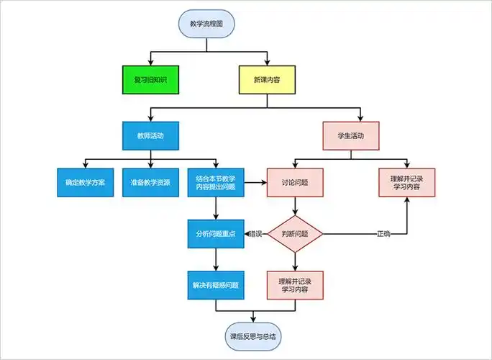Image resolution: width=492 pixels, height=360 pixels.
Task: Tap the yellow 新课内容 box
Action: pos(267,80)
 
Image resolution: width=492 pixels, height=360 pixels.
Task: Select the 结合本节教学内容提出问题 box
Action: pos(216,183)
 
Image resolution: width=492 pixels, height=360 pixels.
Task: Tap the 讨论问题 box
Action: pos(295,183)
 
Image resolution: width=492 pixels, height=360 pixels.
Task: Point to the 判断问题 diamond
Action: pos(295,234)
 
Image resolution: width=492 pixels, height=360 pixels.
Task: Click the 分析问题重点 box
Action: pos(216,234)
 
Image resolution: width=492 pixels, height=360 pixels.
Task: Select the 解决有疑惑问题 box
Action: pos(216,284)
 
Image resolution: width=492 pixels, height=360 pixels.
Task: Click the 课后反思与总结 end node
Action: pos(253,336)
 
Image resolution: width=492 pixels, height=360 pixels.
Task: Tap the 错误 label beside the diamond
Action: pos(255,234)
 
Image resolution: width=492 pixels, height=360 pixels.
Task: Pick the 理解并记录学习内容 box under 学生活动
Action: pos(407,183)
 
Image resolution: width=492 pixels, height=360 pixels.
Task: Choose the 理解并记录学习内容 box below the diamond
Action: pos(295,284)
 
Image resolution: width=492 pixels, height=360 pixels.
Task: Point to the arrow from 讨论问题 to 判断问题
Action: pos(295,207)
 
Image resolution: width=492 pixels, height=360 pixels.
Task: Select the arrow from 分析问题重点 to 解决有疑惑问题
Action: pos(216,259)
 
